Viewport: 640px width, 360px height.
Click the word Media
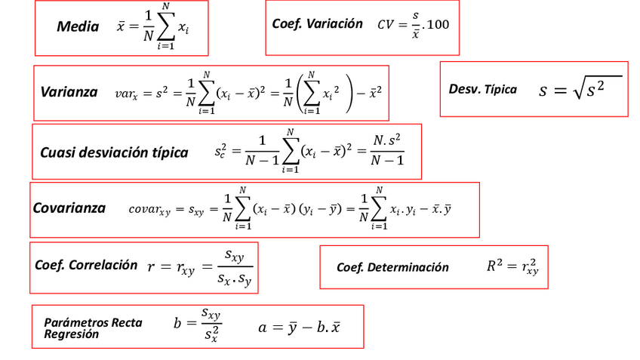point(78,27)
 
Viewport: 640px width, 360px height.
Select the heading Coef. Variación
point(317,24)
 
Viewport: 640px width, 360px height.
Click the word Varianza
point(69,92)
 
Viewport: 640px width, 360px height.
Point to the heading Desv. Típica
point(483,89)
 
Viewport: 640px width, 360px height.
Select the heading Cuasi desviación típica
point(114,152)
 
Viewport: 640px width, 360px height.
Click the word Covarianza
point(69,208)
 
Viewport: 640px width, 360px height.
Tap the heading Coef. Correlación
point(86,265)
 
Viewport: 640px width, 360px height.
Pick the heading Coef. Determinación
point(392,267)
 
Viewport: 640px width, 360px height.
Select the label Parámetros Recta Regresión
point(92,328)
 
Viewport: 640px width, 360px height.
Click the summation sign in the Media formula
point(165,27)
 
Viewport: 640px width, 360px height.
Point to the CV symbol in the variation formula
point(386,25)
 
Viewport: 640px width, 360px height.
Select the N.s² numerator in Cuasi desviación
point(387,140)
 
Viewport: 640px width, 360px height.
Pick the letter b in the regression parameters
point(178,324)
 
